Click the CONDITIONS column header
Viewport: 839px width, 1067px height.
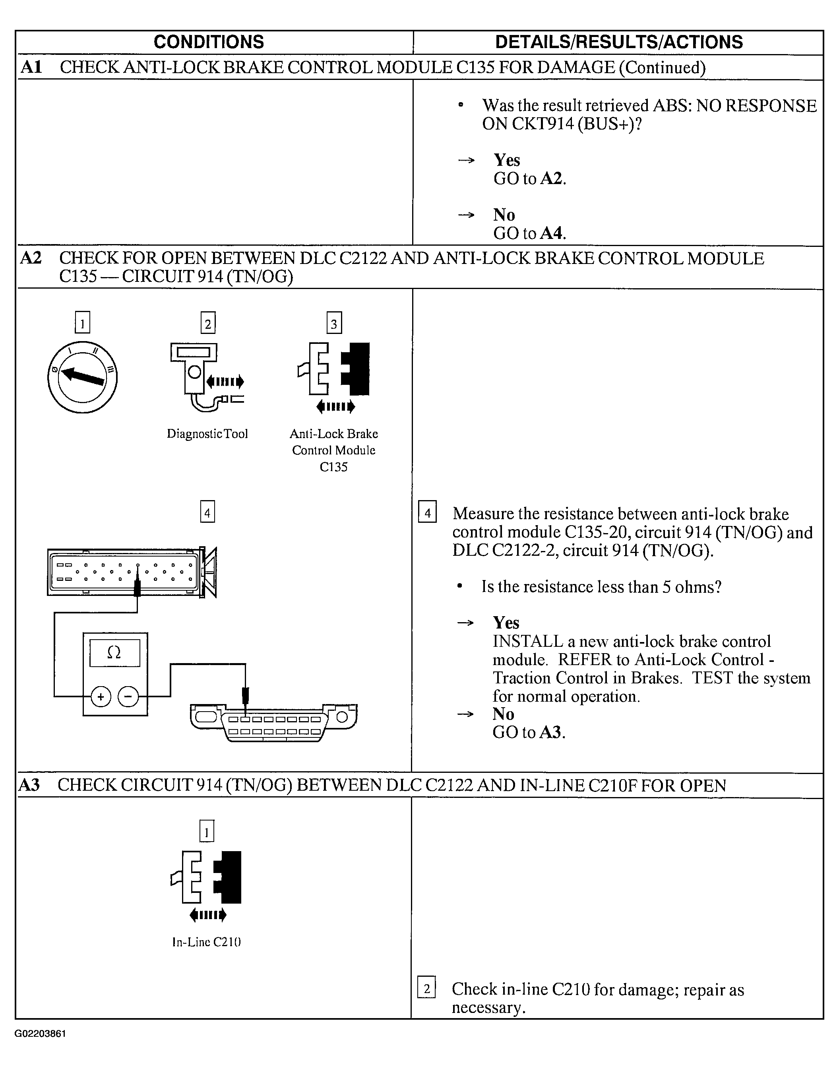pyautogui.click(x=209, y=42)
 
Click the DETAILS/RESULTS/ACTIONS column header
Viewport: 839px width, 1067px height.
pyautogui.click(x=618, y=42)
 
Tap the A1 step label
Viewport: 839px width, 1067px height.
pyautogui.click(x=31, y=67)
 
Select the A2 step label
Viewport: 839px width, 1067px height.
pyautogui.click(x=31, y=258)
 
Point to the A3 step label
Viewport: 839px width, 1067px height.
pyautogui.click(x=29, y=785)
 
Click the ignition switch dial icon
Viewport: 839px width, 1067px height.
pyautogui.click(x=83, y=377)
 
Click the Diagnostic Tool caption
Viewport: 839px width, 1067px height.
pyautogui.click(x=207, y=434)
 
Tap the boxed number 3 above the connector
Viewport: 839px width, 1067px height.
pyautogui.click(x=334, y=323)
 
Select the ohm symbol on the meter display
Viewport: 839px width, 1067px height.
pyautogui.click(x=114, y=652)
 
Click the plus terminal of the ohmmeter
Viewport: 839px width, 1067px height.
pyautogui.click(x=101, y=696)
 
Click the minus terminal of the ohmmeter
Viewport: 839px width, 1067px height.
pyautogui.click(x=129, y=696)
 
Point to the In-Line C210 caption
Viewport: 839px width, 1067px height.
pyautogui.click(x=206, y=942)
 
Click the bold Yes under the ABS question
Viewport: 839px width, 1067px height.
pyautogui.click(x=506, y=160)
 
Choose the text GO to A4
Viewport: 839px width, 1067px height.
pyautogui.click(x=529, y=233)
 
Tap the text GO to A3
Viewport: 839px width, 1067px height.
pyautogui.click(x=529, y=732)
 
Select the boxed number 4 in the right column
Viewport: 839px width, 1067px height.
pyautogui.click(x=427, y=513)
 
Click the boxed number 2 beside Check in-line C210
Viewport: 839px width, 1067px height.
pyautogui.click(x=426, y=988)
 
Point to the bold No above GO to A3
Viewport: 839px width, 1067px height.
pyautogui.click(x=503, y=714)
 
